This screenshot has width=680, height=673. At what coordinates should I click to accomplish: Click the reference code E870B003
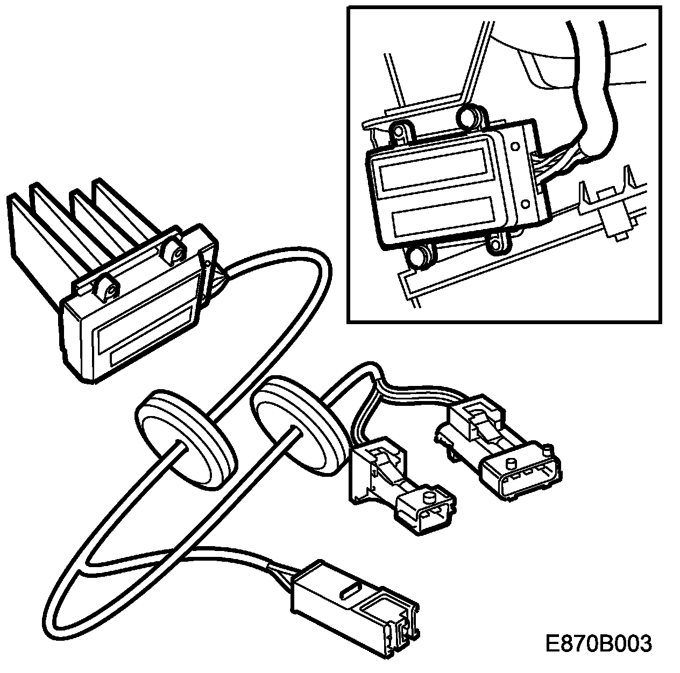(598, 643)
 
